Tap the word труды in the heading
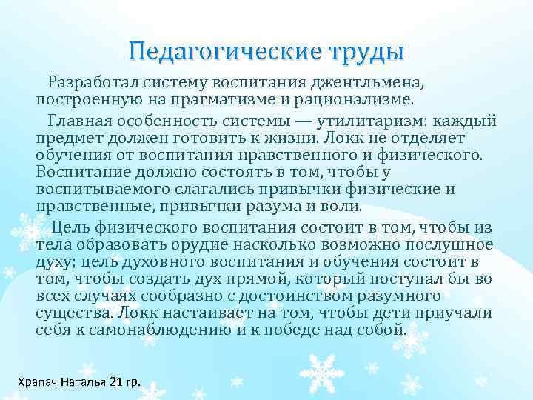click(x=361, y=53)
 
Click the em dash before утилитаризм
click(x=318, y=121)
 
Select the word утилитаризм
click(x=380, y=121)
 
